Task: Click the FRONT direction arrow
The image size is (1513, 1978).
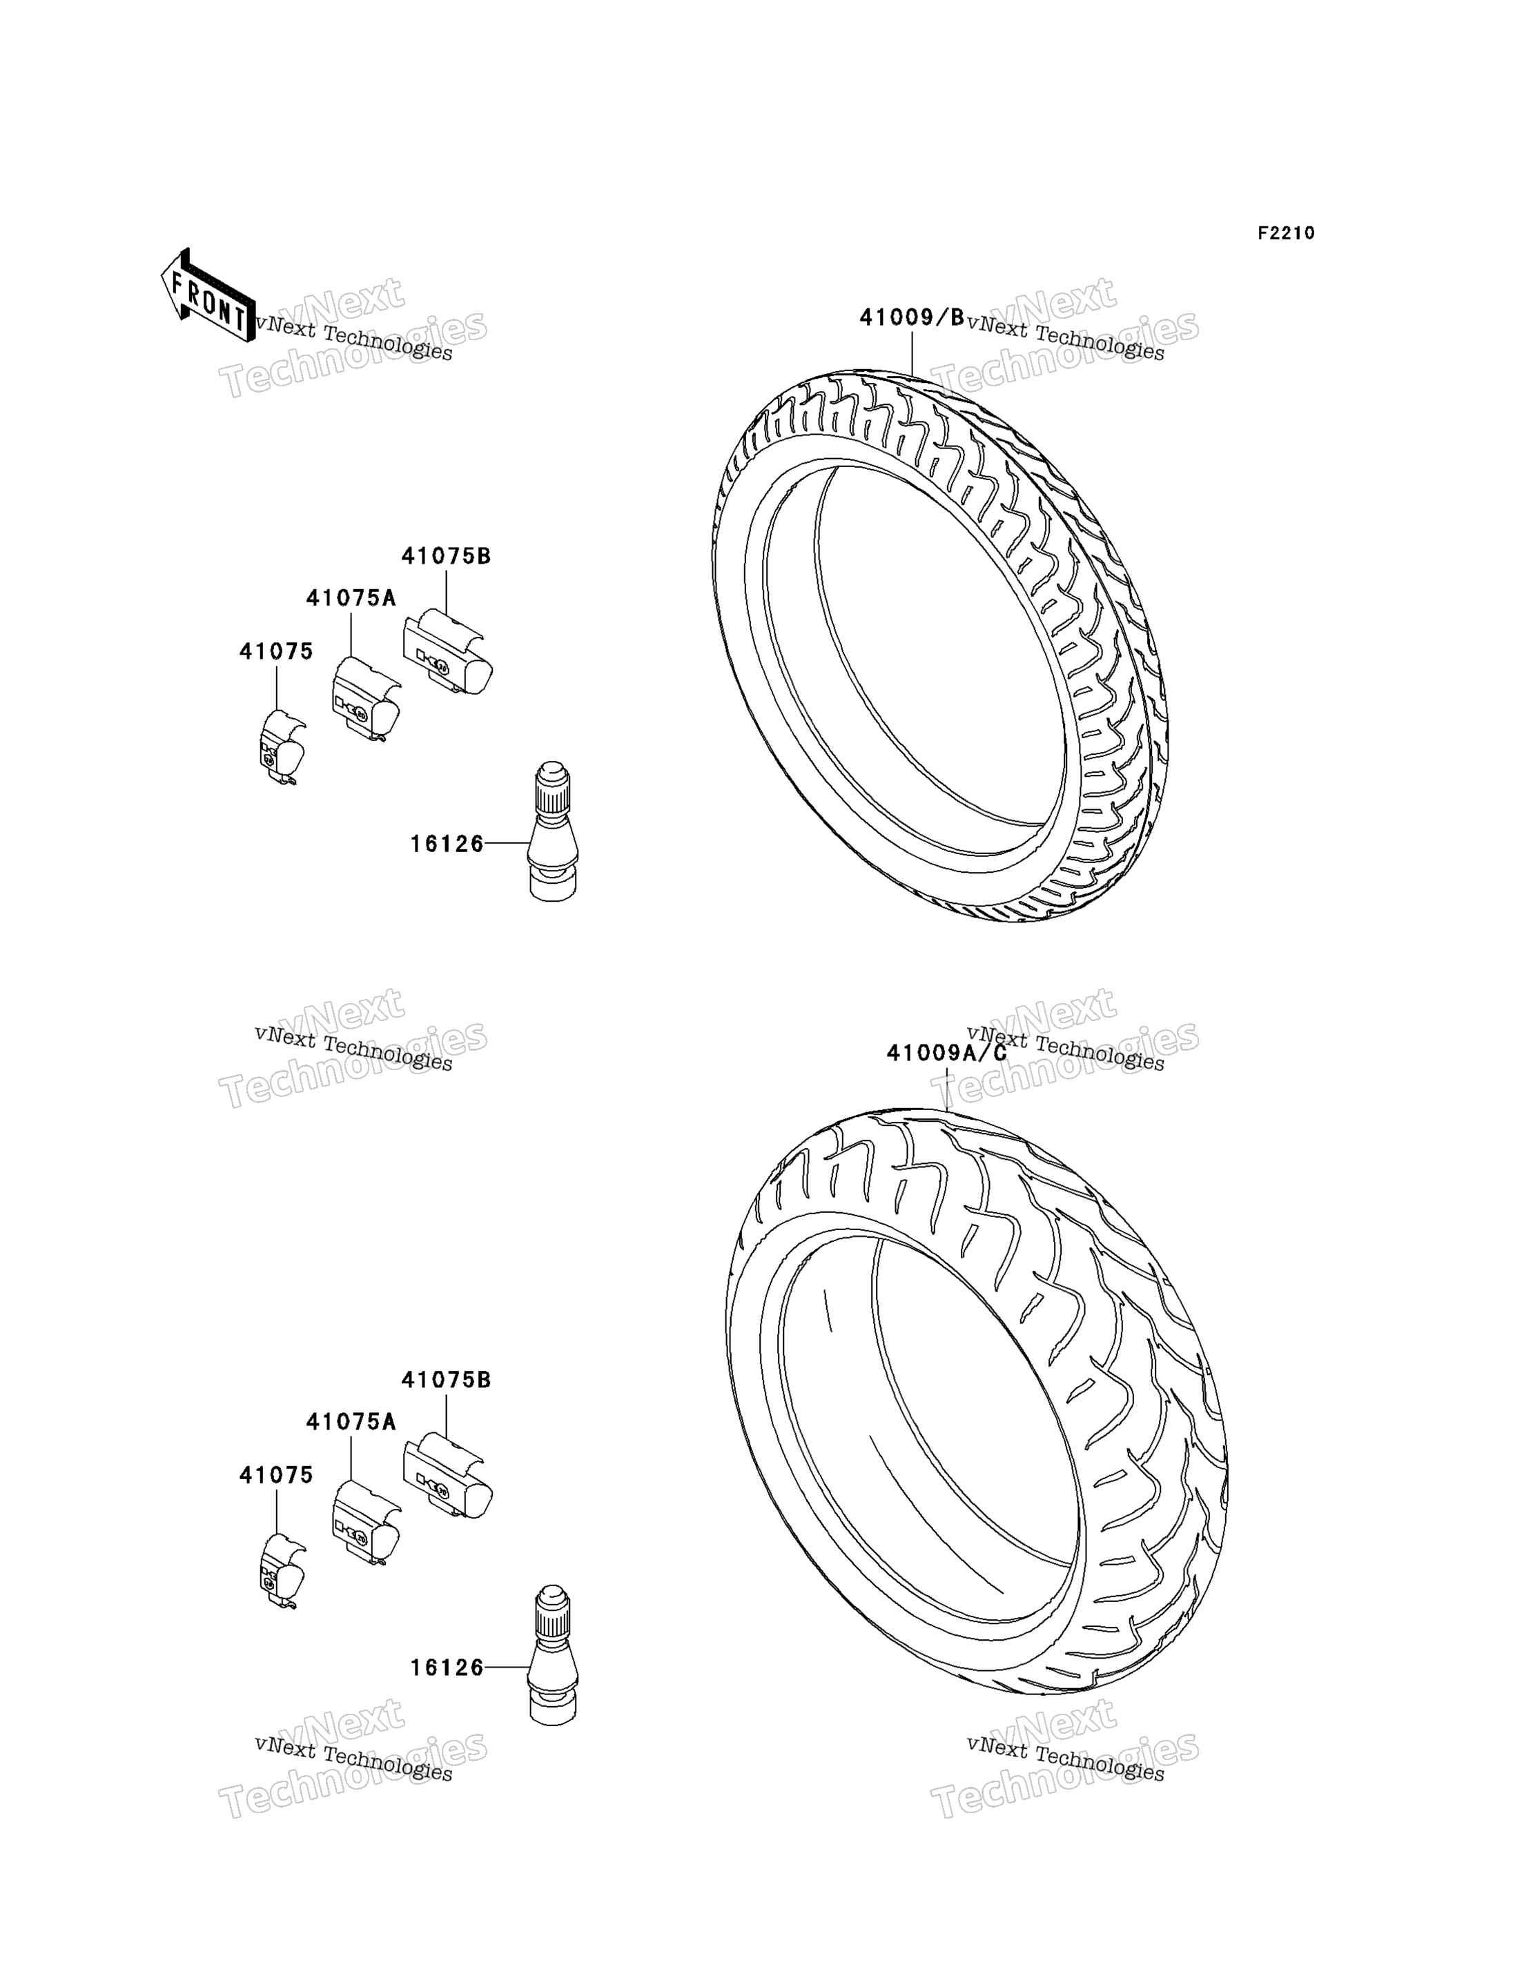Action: tap(208, 296)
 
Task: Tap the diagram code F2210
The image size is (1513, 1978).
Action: tap(1286, 233)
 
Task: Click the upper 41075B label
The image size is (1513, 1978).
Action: tap(446, 556)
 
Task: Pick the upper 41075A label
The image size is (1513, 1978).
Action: tap(351, 597)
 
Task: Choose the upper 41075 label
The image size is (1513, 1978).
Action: tap(277, 651)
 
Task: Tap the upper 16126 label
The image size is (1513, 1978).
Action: tap(447, 844)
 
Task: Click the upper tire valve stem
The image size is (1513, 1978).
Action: tap(552, 832)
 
